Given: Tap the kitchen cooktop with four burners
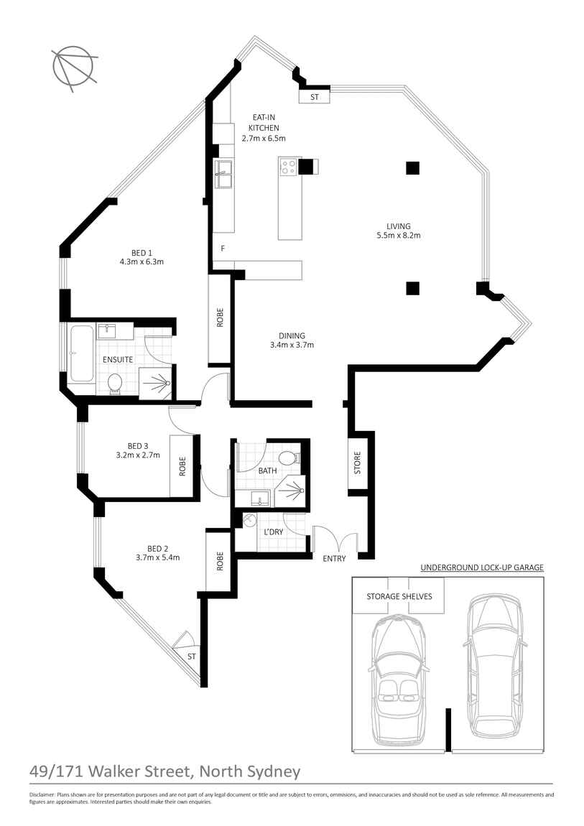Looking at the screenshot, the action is pos(288,167).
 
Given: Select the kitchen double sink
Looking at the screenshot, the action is pos(223,175).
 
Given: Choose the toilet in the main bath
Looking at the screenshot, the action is pos(289,458).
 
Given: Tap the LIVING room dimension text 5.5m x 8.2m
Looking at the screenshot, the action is pos(398,236).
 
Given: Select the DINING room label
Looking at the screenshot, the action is pos(292,335).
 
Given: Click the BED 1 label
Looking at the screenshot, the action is pos(142,252).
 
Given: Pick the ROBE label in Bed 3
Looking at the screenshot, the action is pos(182,466).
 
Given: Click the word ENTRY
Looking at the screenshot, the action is pos(334,558).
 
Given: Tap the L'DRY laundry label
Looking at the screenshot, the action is pos(273,532).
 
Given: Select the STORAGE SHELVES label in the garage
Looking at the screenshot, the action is pos(399,596).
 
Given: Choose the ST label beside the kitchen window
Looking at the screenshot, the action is pos(315,97).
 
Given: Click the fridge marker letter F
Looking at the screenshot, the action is pos(223,249).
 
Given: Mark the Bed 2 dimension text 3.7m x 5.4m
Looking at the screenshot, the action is pos(158,557).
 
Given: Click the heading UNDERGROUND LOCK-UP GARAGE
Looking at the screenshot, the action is pos(482,567).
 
